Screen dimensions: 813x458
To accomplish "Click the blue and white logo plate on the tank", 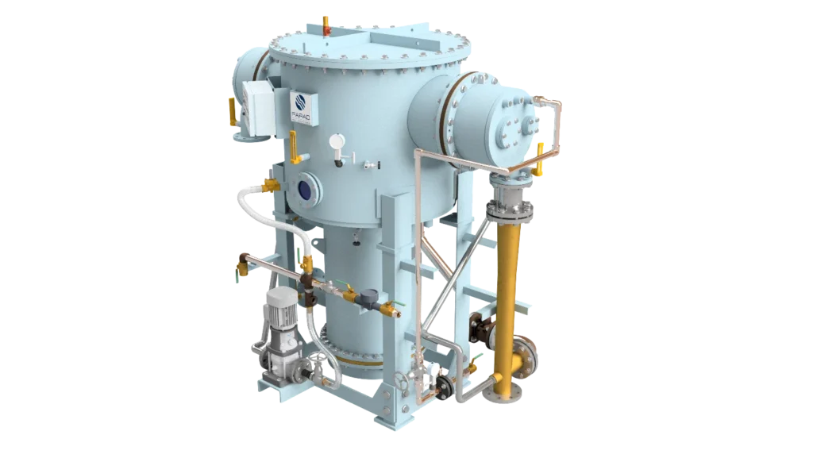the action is pos(301,107).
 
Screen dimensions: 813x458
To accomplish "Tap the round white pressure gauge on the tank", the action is pos(337,141).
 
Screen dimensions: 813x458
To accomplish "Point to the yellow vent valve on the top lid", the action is pos(326,25).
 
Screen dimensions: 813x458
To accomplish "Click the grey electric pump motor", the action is pos(280,321).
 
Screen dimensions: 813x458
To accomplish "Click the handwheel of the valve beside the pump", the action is pos(316,362).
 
